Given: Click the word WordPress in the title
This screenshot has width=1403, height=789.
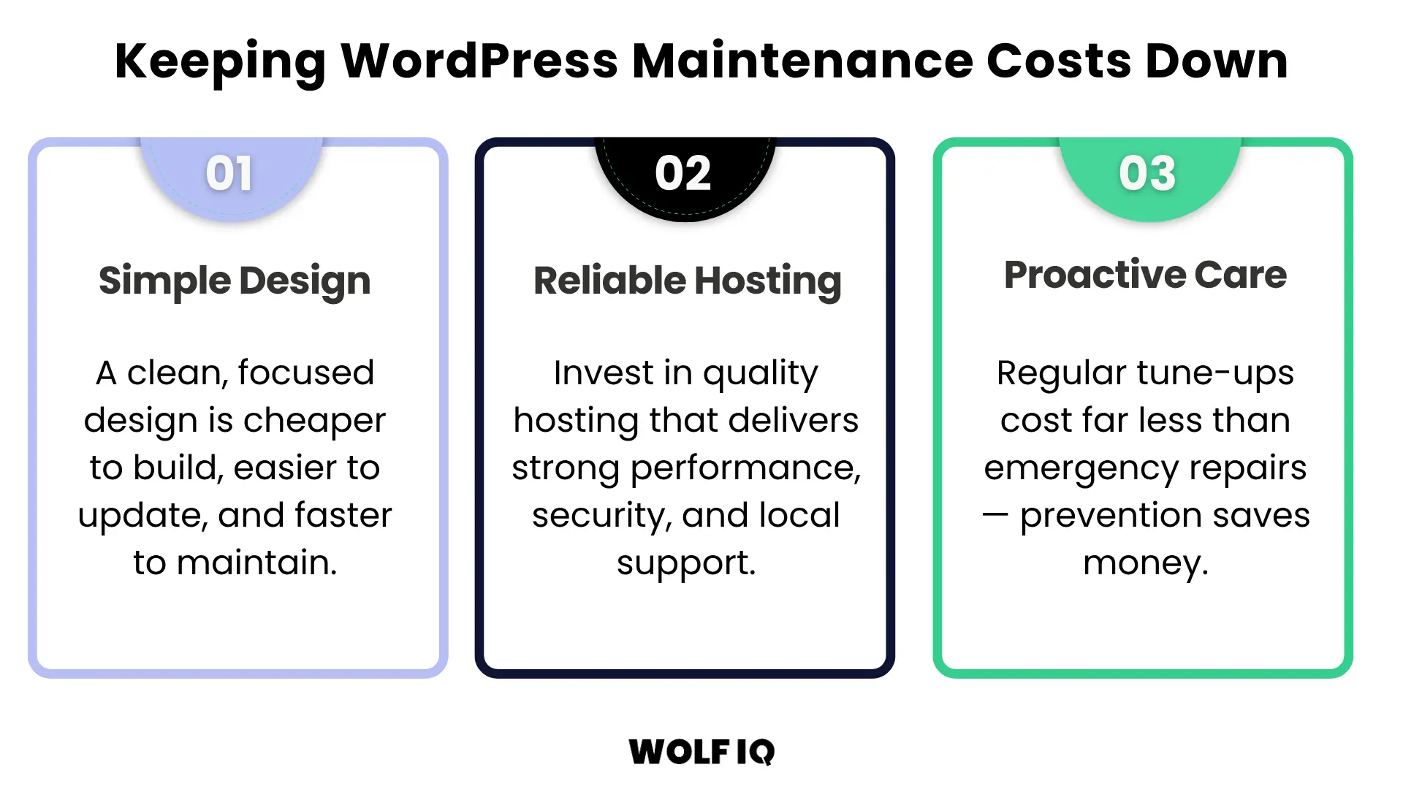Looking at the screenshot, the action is pyautogui.click(x=479, y=61).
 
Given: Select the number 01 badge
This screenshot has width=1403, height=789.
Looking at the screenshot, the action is pyautogui.click(x=229, y=175).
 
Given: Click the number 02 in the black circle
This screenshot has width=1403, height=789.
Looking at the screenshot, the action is pyautogui.click(x=683, y=175).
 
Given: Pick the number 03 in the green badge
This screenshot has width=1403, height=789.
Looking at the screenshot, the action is pyautogui.click(x=1147, y=175).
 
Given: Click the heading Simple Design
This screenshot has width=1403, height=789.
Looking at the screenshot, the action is pyautogui.click(x=235, y=281).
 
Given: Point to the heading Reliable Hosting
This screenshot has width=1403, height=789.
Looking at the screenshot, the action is pyautogui.click(x=687, y=281).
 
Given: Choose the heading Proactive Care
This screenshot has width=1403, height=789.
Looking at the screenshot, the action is pyautogui.click(x=1145, y=275).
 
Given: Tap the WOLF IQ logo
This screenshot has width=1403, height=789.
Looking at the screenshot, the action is pyautogui.click(x=701, y=752).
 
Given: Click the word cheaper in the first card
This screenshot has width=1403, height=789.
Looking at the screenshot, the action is pyautogui.click(x=314, y=421).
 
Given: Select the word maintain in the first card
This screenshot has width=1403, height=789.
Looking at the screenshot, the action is pyautogui.click(x=256, y=563).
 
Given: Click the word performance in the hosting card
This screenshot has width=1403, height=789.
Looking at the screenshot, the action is pyautogui.click(x=745, y=468).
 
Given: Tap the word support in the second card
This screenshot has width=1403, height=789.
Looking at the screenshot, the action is pyautogui.click(x=685, y=563).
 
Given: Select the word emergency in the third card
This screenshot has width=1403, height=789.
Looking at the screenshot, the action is pyautogui.click(x=1080, y=468).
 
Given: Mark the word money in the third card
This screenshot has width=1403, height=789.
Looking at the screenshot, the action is pyautogui.click(x=1145, y=563).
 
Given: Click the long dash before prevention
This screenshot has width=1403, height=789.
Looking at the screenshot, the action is pyautogui.click(x=995, y=514).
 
